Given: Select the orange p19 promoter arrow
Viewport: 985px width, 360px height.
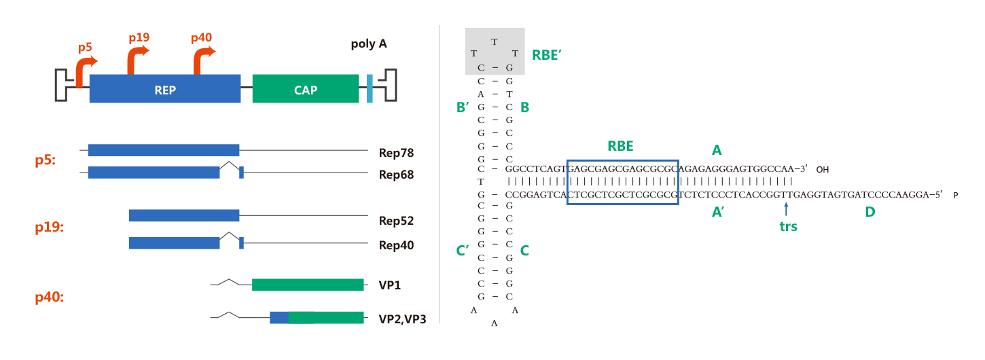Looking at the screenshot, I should tap(137, 60).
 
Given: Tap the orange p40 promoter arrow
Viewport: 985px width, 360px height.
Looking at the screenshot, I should tap(202, 60).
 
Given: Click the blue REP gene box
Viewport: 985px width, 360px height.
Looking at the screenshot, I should tap(165, 89).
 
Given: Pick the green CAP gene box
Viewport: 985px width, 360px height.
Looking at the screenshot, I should tap(306, 89).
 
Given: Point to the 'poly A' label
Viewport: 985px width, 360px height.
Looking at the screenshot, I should tap(369, 44).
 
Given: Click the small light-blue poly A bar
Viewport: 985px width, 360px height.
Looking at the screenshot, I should tap(370, 89).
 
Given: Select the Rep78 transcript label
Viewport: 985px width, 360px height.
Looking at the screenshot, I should tap(396, 153).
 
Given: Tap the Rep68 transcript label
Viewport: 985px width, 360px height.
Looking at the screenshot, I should tap(396, 175).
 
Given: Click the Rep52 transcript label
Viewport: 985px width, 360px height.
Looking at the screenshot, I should tap(396, 221).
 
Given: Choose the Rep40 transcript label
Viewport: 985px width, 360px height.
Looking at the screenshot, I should tap(396, 245).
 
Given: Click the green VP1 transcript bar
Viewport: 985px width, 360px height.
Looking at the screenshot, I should tap(308, 285).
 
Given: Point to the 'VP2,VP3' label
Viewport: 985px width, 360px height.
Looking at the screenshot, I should tap(402, 319).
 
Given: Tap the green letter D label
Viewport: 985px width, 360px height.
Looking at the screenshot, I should tap(870, 212).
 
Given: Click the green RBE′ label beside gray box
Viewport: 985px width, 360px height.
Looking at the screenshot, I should tap(546, 56).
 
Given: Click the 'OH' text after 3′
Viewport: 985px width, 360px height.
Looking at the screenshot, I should tap(823, 169).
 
